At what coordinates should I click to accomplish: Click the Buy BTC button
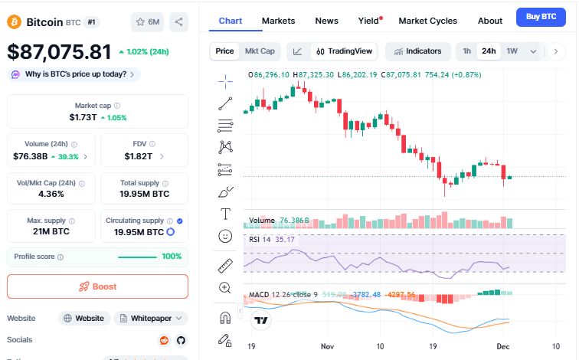pos(539,16)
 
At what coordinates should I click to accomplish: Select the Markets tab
pos(278,21)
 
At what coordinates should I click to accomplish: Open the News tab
pos(326,21)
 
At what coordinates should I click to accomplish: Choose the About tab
pos(490,21)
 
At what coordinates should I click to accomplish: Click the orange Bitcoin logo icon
pos(15,22)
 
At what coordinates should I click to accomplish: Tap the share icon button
pos(178,22)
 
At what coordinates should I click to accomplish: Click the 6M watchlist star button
pos(147,22)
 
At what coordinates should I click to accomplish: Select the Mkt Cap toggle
pos(260,51)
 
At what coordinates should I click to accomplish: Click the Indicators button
pos(417,51)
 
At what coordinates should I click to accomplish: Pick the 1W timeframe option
pos(512,51)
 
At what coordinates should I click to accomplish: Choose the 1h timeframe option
pos(466,51)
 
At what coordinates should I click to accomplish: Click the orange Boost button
pos(97,286)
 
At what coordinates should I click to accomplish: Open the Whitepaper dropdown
pos(151,318)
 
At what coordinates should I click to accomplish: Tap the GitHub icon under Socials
pos(181,340)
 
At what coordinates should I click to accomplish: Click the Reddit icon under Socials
pos(164,340)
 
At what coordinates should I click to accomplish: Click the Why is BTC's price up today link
pos(74,74)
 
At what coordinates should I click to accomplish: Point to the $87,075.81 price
pos(60,52)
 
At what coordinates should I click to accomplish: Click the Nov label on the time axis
pos(328,346)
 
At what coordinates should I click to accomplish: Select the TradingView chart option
pos(345,51)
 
